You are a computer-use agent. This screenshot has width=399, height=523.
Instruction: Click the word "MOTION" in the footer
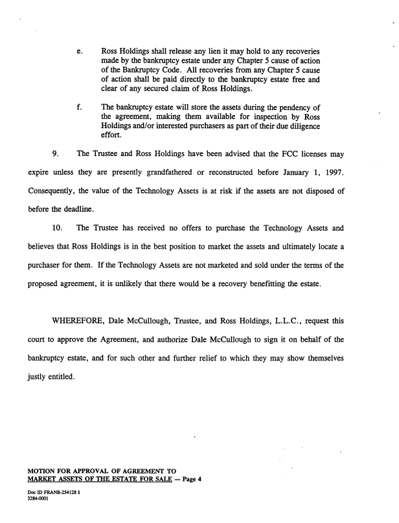tap(42, 469)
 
